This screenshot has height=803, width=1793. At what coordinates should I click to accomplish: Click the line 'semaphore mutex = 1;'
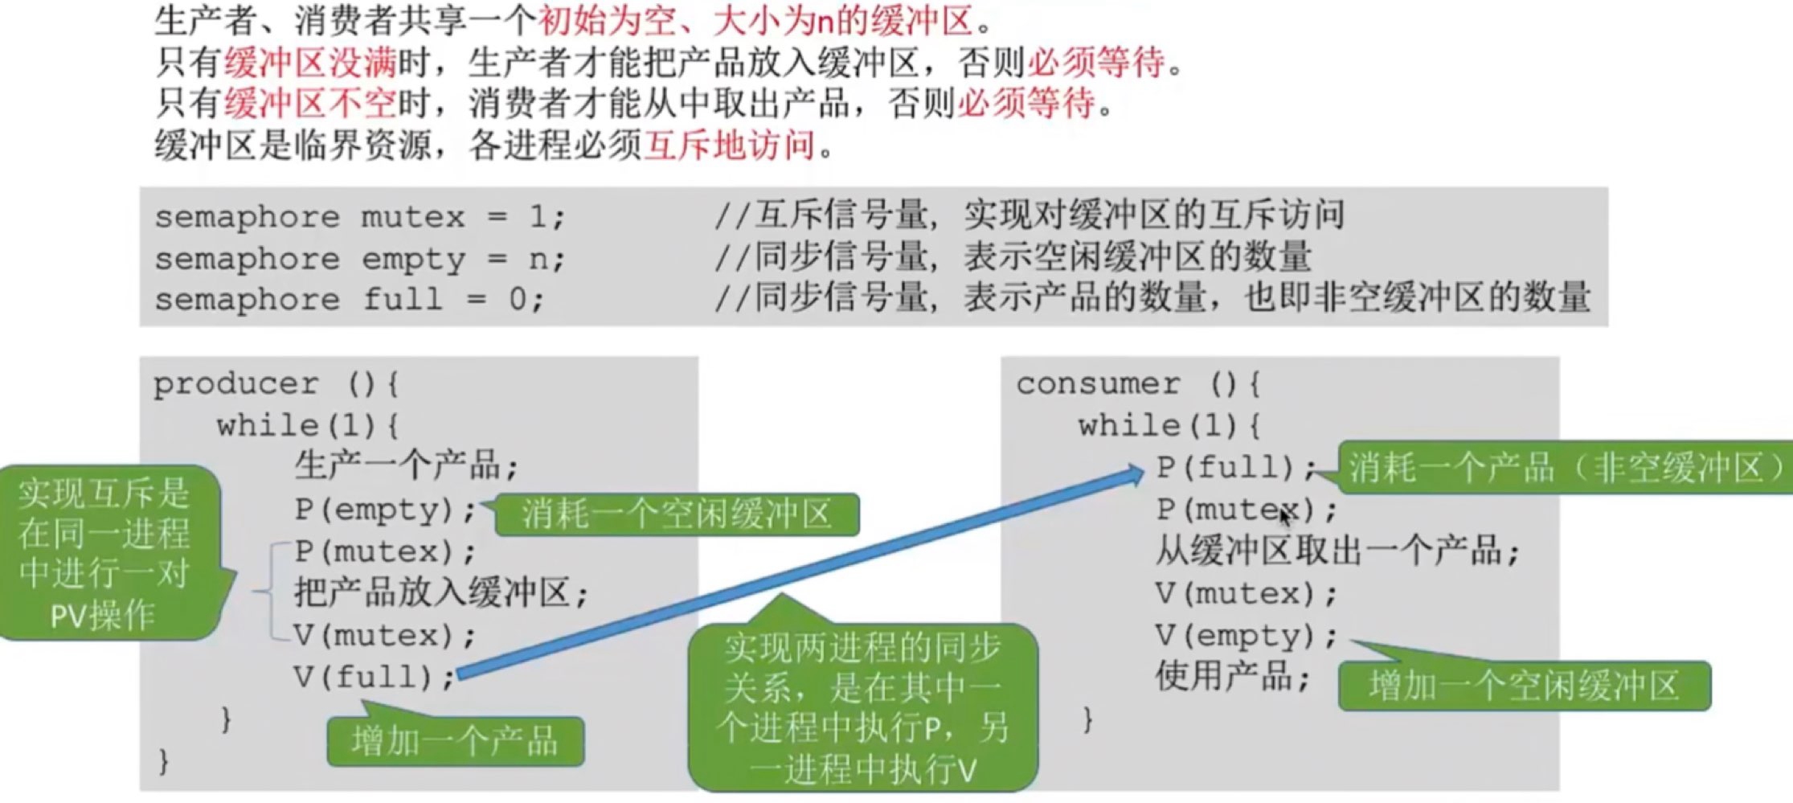[360, 217]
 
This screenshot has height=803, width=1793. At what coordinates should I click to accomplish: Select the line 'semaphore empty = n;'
[360, 259]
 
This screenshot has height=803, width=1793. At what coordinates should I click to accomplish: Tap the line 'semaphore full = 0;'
[350, 300]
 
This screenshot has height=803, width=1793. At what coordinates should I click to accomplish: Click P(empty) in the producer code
[384, 510]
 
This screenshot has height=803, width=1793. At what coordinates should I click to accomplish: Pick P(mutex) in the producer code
[384, 552]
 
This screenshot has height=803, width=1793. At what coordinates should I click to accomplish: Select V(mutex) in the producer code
[384, 636]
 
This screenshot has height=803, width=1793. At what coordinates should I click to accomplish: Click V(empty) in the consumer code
[1246, 636]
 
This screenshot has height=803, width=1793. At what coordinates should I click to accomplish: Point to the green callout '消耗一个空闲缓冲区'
[677, 514]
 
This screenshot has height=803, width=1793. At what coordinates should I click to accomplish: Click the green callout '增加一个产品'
[455, 741]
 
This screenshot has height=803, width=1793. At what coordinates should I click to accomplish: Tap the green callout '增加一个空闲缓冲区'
[1524, 686]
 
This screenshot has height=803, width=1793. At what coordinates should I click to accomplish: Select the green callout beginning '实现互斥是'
[104, 553]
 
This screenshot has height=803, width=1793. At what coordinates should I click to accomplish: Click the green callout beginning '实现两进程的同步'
[862, 707]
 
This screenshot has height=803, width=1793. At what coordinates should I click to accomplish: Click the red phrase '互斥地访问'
[730, 145]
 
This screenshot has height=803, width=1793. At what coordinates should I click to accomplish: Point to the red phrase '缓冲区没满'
[310, 62]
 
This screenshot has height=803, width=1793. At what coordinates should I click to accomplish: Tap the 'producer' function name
[235, 384]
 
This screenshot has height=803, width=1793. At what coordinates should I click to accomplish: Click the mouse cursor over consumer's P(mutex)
[1285, 515]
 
